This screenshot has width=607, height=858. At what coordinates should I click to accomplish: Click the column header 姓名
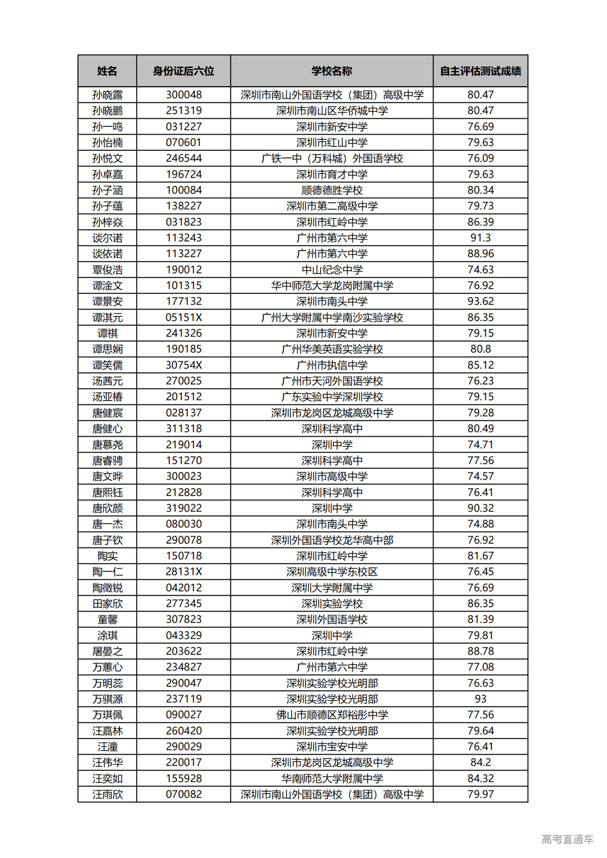pos(107,71)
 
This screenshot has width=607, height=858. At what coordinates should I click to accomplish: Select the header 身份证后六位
pos(184,71)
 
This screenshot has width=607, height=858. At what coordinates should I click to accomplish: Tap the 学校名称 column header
pos(331,71)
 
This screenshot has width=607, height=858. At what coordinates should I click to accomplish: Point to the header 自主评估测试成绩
pos(480,71)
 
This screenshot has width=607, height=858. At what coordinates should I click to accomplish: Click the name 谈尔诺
pos(107,238)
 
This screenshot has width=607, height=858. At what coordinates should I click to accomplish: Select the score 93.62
pos(480,301)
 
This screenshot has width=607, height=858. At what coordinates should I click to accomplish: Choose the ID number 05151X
pos(184,317)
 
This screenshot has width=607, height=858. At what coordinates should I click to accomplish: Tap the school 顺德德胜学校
pos(331,190)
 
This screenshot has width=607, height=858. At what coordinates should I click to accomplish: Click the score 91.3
pos(480,238)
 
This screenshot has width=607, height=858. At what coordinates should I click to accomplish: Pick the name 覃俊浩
pos(107,270)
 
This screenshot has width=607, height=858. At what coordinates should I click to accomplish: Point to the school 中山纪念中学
pos(331,270)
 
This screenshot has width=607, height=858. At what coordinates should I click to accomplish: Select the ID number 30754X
pos(184,365)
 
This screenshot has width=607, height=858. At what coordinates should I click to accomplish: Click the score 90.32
pos(480,508)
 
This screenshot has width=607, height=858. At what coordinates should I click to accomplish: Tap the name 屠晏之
pos(107,651)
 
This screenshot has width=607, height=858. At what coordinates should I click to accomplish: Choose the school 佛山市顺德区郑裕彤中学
pos(331,715)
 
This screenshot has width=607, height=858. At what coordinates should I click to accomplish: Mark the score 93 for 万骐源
pos(480,699)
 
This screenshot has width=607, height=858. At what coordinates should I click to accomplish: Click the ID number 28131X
pos(184,572)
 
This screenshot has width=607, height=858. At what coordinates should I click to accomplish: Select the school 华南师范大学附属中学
pos(331,778)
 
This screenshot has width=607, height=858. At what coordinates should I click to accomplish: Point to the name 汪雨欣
pos(107,794)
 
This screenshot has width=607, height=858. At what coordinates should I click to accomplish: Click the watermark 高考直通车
pos(567,839)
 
